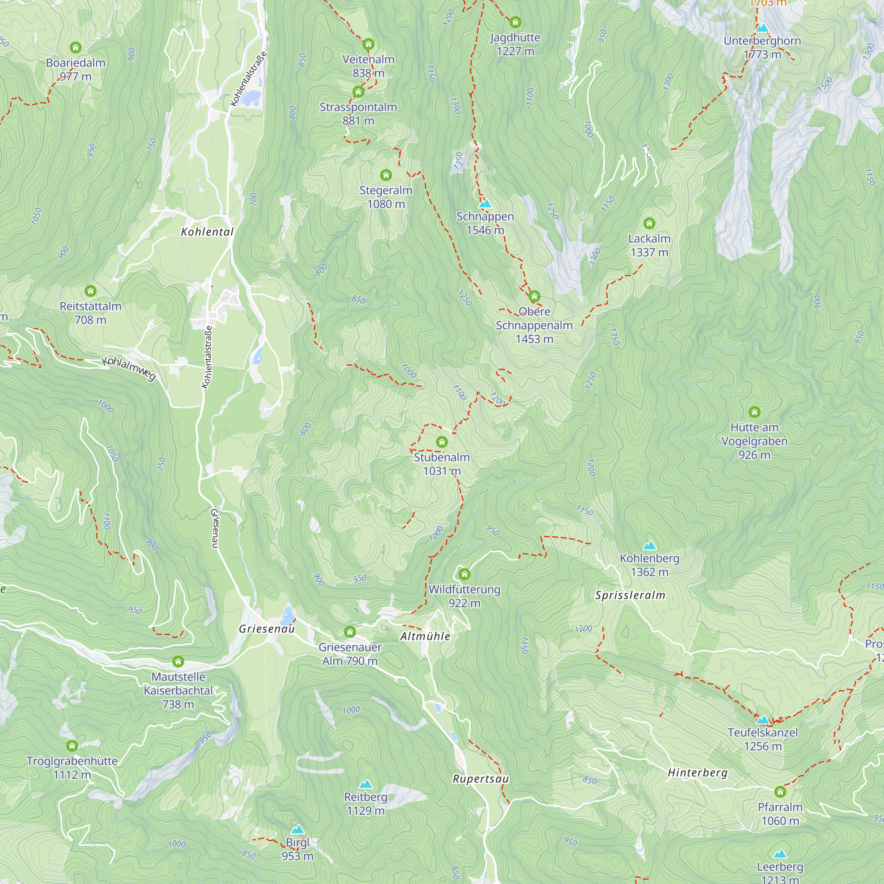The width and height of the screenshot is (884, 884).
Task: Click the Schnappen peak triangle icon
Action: coord(485,204)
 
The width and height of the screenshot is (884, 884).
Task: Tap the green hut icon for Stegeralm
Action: coord(386,175)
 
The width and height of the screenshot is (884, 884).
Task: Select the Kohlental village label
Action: coord(207,232)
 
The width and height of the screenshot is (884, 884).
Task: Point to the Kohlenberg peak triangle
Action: coord(649,545)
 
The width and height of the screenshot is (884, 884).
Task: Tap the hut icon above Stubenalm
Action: coord(442,442)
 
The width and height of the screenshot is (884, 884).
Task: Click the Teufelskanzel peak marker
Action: coord(763,720)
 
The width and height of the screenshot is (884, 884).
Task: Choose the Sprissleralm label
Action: coord(630,595)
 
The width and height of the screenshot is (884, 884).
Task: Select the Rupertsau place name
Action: coord(480,779)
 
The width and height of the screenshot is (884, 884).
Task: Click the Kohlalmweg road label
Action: coord(129,368)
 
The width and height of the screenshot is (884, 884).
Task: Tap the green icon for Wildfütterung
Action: coord(465,574)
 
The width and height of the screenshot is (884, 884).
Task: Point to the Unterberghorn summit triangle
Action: coord(762,28)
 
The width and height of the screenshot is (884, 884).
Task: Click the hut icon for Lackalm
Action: coord(649,223)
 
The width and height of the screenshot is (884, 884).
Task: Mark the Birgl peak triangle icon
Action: coord(297,830)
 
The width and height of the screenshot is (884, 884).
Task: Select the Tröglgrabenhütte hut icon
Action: coord(72,746)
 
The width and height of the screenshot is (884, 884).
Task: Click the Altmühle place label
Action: coord(425,636)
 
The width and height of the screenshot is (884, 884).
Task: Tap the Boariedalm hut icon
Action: coord(76,47)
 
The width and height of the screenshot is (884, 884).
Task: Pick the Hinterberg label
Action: coord(697,773)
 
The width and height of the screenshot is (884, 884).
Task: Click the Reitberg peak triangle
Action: coord(365,785)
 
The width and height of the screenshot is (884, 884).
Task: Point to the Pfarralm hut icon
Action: coord(780,792)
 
